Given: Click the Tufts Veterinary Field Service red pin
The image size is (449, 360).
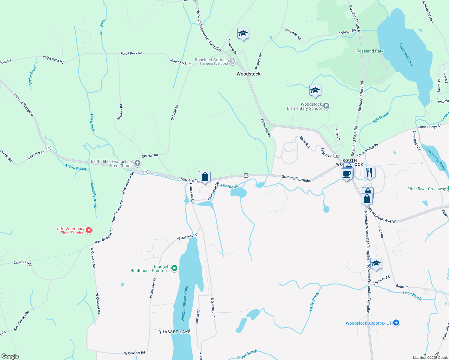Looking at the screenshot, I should click(x=89, y=230).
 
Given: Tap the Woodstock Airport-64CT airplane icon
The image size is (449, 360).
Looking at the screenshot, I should click(x=396, y=323).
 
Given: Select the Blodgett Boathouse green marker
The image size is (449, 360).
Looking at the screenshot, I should click(x=174, y=268).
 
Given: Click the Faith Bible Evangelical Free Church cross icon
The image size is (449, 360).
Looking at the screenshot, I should click(x=137, y=163).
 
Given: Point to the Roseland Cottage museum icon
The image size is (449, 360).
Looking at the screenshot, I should click(x=232, y=61).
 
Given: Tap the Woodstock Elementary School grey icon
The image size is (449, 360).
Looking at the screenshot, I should click(x=326, y=106).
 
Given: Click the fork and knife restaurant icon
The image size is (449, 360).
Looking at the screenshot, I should click(x=369, y=172).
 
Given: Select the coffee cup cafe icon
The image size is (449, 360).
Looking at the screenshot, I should click(x=346, y=174).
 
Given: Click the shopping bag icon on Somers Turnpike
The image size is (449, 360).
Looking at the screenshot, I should click(x=205, y=177).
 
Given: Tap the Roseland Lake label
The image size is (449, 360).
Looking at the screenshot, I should click(x=406, y=54).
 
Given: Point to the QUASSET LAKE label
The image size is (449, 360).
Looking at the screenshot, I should click(x=174, y=332).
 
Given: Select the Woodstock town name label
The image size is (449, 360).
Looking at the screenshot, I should click(x=249, y=74).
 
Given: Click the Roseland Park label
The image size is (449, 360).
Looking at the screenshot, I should click(x=370, y=51).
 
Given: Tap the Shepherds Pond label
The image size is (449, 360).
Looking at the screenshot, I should click(x=436, y=159).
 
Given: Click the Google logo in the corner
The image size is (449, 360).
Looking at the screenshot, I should click(x=10, y=356).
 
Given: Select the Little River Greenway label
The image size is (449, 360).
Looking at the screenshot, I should click(x=426, y=189).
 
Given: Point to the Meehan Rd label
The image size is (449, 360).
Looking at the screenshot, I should click(x=120, y=112).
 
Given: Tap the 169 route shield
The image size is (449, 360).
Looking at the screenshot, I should click(x=336, y=155).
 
